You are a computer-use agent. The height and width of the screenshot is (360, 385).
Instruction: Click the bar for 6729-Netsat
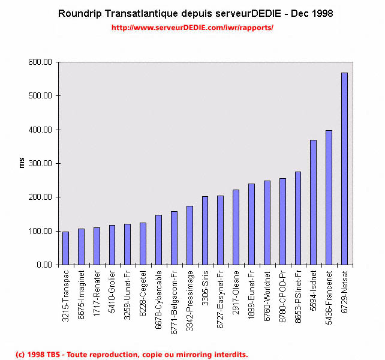point(344,169)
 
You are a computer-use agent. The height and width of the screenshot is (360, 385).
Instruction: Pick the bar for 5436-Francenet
point(329,197)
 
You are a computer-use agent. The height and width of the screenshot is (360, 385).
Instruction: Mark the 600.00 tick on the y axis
point(41,62)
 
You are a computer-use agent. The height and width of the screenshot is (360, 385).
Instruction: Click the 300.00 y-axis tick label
point(41,163)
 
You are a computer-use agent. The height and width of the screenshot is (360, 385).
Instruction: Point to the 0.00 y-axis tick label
point(45,265)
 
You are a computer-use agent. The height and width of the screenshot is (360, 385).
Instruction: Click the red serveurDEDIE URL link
point(192,28)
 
